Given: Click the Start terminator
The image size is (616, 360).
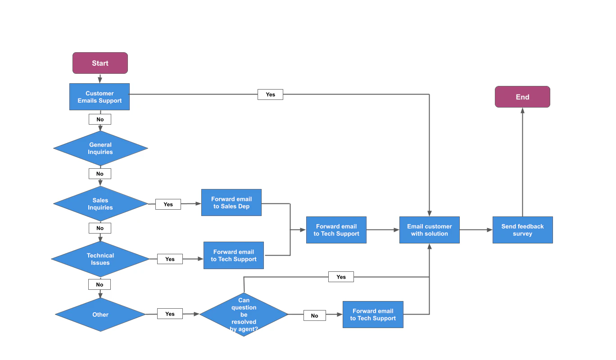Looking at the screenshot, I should coord(100,63).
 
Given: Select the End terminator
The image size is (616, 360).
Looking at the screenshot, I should coord(522,97).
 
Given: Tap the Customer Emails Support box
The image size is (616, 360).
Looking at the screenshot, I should coord(100,97).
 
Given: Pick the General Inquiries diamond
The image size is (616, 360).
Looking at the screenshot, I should coord(100,148).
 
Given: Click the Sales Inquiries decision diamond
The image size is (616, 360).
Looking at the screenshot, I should coord(100,204).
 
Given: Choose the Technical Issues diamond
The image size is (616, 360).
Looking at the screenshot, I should coord(100,259).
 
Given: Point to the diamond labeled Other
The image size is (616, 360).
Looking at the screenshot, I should coord(100,315).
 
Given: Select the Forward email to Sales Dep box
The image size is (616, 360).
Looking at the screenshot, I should coord(231,202).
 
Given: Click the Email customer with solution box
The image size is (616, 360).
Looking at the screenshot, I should coord(429,230).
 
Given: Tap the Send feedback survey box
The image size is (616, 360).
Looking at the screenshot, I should coord(522,230).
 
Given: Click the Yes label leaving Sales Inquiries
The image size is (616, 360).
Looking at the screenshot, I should coord(168,204).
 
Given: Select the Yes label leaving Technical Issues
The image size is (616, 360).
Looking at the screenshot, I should coord(170,259).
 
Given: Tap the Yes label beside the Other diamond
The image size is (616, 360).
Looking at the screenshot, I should coord(170,314).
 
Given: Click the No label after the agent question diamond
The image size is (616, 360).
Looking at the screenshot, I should coord(314,316).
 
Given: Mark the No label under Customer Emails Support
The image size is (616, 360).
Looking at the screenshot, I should coord(100,120).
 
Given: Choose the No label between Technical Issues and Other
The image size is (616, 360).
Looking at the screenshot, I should coord(100,285).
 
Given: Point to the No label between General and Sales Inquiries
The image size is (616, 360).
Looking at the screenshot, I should coord(100,174).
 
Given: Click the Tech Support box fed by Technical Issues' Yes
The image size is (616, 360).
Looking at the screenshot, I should coord(234,256).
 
